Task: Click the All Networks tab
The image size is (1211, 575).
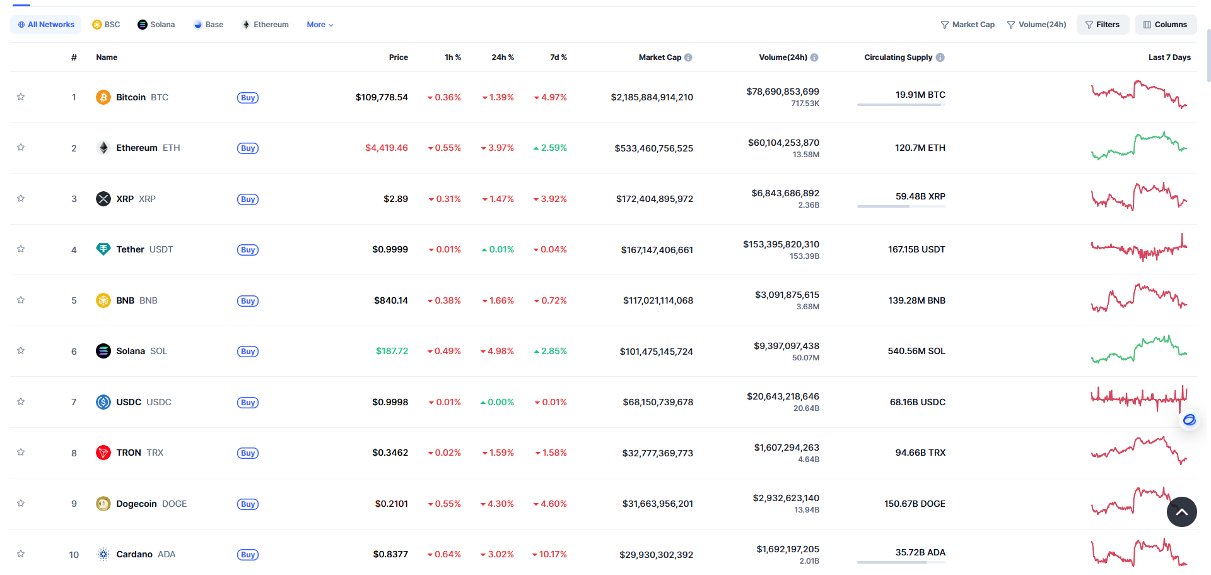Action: pyautogui.click(x=46, y=25)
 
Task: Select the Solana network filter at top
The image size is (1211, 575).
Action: pyautogui.click(x=156, y=25)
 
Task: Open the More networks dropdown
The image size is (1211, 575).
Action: pyautogui.click(x=320, y=25)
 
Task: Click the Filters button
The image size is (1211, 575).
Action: pyautogui.click(x=1103, y=25)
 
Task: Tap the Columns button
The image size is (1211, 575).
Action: pyautogui.click(x=1166, y=25)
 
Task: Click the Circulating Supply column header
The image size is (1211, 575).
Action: pyautogui.click(x=898, y=57)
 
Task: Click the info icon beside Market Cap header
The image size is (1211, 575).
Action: pyautogui.click(x=688, y=57)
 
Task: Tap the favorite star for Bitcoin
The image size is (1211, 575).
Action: pyautogui.click(x=21, y=97)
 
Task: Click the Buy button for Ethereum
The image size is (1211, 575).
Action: pyautogui.click(x=248, y=148)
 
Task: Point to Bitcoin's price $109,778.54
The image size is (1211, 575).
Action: pyautogui.click(x=382, y=97)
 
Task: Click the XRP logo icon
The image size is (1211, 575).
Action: pyautogui.click(x=103, y=199)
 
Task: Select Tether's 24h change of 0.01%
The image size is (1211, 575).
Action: pyautogui.click(x=498, y=249)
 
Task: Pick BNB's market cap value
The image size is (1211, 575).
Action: pyautogui.click(x=658, y=300)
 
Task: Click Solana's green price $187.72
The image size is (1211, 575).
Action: pyautogui.click(x=392, y=351)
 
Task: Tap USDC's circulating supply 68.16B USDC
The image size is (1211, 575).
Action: pyautogui.click(x=918, y=402)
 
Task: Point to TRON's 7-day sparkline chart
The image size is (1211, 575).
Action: pyautogui.click(x=1139, y=451)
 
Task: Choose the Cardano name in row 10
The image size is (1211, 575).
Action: pyautogui.click(x=134, y=554)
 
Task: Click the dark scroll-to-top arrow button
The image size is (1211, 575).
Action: pyautogui.click(x=1182, y=512)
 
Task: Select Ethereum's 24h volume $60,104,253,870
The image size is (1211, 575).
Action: pyautogui.click(x=783, y=143)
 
